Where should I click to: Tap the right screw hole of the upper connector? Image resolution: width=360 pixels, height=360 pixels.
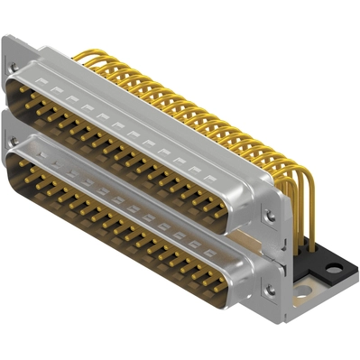point(269,217)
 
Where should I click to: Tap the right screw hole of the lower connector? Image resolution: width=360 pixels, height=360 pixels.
point(268,291)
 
